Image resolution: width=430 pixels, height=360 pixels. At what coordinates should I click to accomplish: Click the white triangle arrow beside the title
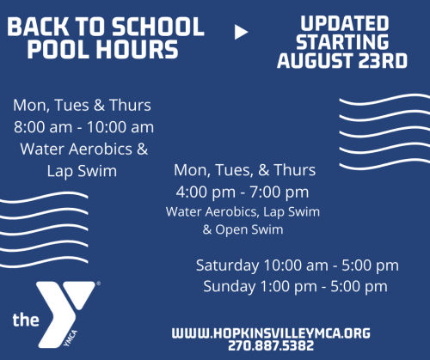[242, 33]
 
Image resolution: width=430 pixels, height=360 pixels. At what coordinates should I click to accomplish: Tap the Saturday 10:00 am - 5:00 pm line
[297, 265]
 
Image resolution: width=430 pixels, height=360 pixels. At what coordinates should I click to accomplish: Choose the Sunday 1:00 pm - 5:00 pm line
[295, 286]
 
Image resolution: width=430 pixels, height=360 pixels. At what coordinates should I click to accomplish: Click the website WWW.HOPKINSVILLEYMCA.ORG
[271, 332]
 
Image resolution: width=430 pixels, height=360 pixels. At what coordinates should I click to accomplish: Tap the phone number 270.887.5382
[272, 346]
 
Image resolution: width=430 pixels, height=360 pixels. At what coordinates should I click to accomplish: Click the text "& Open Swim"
[243, 229]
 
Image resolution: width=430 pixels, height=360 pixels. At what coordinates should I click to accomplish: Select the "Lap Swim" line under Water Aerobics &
[83, 171]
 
